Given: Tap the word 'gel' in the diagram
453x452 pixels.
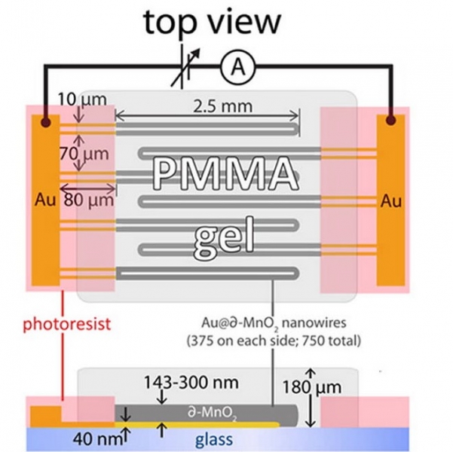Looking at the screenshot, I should [222, 237].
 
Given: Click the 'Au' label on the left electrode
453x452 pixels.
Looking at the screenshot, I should [44, 201].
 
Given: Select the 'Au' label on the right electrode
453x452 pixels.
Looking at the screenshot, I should [390, 201].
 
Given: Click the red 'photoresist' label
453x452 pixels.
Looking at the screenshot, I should [66, 325].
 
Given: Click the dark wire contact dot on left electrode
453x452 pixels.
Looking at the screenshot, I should [45, 121].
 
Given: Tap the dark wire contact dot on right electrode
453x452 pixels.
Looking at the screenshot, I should [390, 120].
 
